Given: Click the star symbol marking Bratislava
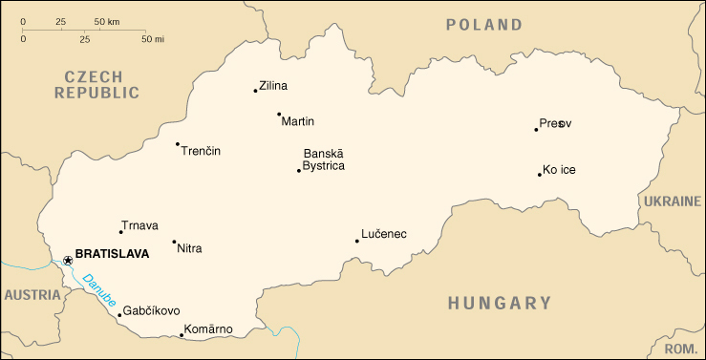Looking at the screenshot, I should (x=68, y=260).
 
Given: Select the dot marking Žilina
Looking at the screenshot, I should (x=255, y=91).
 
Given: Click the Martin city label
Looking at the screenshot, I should (x=298, y=121).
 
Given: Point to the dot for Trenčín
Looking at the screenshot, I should (x=178, y=144).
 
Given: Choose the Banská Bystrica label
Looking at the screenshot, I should (x=324, y=159).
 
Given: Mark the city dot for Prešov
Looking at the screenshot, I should (x=536, y=129).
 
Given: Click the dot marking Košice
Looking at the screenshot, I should (x=540, y=174).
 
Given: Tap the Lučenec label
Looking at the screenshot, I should (x=384, y=234).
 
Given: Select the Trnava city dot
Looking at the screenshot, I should (x=120, y=232).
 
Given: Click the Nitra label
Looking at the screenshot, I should (x=190, y=248).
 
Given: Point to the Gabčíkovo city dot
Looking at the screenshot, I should (x=119, y=314).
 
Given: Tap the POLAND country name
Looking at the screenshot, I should (x=484, y=25).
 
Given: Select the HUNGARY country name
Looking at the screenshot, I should (x=500, y=304).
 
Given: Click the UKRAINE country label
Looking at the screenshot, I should (x=671, y=202).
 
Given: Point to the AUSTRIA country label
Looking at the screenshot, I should (x=32, y=295).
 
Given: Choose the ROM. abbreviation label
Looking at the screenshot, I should (x=680, y=349).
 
